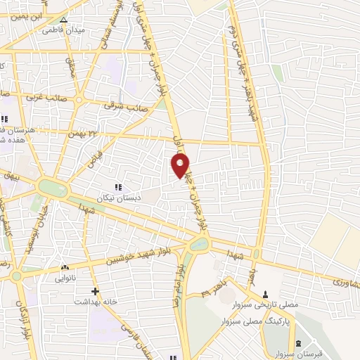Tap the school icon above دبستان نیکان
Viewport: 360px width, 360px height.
[x=118, y=186]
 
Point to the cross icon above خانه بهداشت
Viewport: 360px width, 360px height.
[x=95, y=290]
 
